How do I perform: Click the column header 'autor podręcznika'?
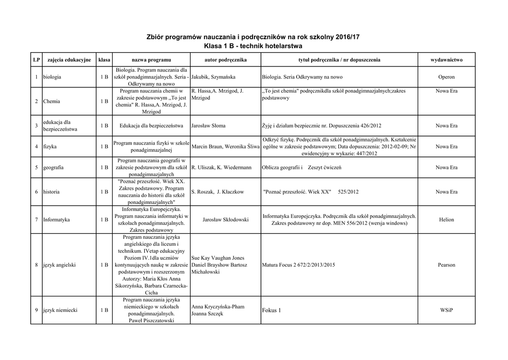click(225, 60)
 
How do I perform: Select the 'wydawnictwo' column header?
click(446, 60)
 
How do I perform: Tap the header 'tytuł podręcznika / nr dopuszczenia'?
click(339, 60)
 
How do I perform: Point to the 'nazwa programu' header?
click(151, 60)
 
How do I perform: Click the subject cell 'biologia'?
click(53, 77)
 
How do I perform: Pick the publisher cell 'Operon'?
click(446, 77)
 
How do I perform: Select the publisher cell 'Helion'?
click(446, 219)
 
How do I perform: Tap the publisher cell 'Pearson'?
click(446, 265)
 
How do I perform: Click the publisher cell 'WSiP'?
click(446, 310)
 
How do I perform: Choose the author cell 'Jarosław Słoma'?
click(208, 126)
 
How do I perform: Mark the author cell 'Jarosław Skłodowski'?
click(226, 219)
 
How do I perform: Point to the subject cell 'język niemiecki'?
click(60, 310)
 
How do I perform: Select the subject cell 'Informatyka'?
click(57, 219)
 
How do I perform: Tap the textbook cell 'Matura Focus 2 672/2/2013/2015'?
click(298, 265)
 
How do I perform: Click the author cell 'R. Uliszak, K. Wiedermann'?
click(221, 168)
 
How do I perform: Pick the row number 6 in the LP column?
click(37, 192)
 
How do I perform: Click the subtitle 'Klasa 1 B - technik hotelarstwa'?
click(254, 46)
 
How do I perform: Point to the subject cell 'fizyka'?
click(50, 147)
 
